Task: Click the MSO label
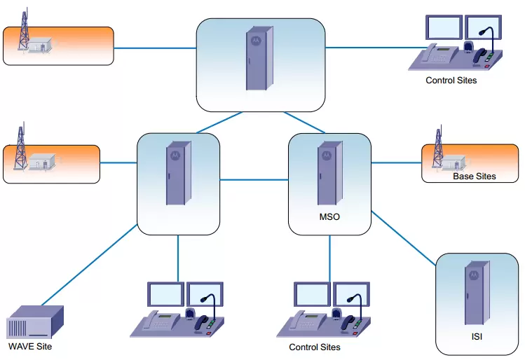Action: pyautogui.click(x=329, y=217)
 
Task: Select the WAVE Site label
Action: pyautogui.click(x=30, y=346)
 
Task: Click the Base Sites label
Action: pyautogui.click(x=474, y=176)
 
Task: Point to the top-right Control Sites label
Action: pyautogui.click(x=451, y=81)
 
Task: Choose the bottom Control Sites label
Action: pyautogui.click(x=315, y=347)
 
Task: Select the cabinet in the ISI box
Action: pyautogui.click(x=476, y=295)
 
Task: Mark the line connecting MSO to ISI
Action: pyautogui.click(x=403, y=238)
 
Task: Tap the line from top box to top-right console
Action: pyautogui.click(x=368, y=48)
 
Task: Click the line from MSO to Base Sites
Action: pyautogui.click(x=396, y=162)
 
